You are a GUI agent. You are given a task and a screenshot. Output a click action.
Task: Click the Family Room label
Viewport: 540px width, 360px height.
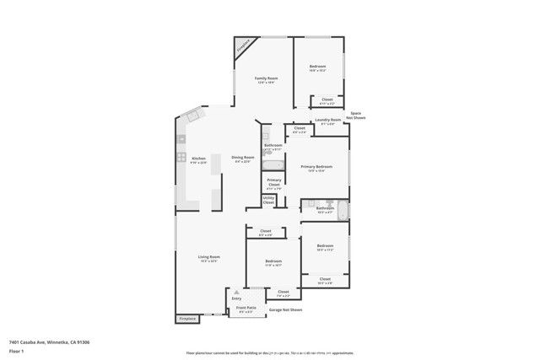point(267,78)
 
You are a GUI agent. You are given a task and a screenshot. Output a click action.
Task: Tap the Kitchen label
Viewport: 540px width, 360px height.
point(198,159)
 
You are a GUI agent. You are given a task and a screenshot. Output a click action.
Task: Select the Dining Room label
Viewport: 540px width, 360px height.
point(243,158)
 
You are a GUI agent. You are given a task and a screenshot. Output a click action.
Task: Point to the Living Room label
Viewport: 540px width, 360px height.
point(209,257)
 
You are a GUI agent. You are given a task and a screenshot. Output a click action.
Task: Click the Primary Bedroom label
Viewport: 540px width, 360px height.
point(316,167)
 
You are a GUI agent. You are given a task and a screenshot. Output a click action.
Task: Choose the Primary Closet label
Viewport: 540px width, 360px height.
point(274,182)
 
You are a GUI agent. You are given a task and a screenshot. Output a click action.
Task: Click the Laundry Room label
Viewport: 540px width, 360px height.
point(327,121)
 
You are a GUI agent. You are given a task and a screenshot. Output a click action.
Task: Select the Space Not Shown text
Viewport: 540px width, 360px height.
point(356,116)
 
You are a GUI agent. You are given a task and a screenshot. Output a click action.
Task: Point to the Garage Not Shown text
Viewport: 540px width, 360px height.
point(286,311)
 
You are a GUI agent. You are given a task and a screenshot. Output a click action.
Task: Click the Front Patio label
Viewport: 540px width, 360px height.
point(246,309)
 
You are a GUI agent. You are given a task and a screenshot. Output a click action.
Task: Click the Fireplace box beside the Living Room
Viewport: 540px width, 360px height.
point(187,319)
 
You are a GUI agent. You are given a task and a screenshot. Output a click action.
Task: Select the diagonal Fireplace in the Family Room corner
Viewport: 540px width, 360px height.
point(243,46)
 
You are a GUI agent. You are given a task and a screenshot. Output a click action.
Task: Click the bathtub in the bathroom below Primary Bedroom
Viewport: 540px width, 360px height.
point(342,210)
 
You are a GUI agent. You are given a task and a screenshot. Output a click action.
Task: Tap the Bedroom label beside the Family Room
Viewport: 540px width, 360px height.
point(317,67)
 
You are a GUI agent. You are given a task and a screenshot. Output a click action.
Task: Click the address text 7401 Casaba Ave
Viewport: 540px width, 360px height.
point(49,342)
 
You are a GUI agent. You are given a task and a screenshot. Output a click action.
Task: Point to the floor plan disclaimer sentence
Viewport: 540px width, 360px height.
point(270,353)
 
